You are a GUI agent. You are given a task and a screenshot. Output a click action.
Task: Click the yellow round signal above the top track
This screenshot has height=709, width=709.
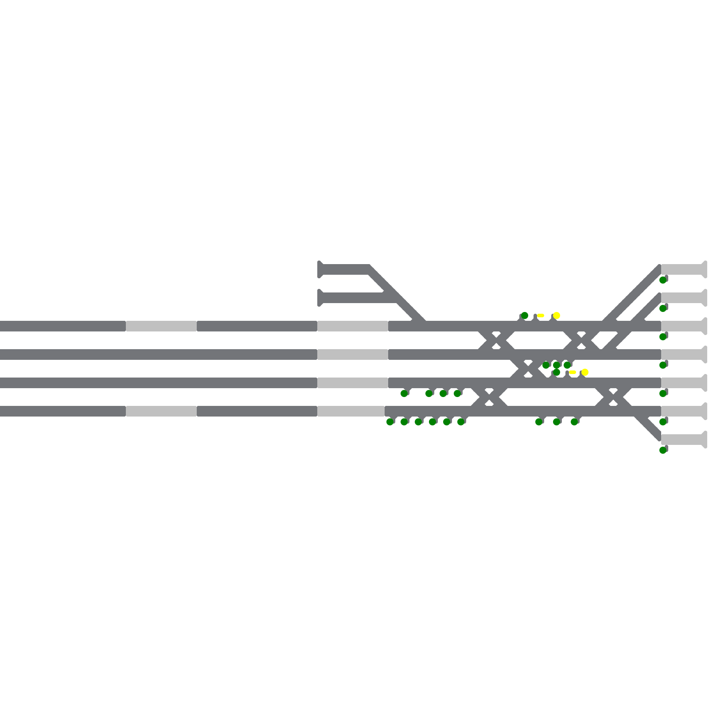pyautogui.click(x=557, y=316)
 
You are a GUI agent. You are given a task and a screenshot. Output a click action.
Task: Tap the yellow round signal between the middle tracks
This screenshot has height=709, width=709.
pyautogui.click(x=585, y=372)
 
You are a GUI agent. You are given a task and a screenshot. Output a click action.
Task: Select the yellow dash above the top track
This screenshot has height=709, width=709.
pyautogui.click(x=541, y=316)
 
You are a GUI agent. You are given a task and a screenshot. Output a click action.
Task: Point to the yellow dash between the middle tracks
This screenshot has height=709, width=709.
pyautogui.click(x=573, y=372)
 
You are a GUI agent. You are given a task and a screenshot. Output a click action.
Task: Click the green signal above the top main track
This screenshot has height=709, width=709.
pyautogui.click(x=525, y=316)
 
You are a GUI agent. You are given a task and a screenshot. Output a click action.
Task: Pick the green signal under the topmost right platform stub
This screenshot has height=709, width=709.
pyautogui.click(x=663, y=280)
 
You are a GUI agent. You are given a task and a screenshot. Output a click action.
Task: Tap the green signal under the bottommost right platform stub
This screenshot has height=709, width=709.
pyautogui.click(x=663, y=450)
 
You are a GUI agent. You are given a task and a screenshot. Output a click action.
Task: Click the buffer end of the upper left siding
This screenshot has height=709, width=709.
pyautogui.click(x=320, y=269)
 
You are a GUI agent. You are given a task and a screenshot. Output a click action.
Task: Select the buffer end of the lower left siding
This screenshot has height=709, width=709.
pyautogui.click(x=320, y=298)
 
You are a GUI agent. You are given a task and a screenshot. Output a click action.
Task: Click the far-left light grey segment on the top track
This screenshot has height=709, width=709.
pyautogui.click(x=161, y=326)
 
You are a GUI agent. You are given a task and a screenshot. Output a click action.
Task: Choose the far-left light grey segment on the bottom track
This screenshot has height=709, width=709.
pyautogui.click(x=161, y=411)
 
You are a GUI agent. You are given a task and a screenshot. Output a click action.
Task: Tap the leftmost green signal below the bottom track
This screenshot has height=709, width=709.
pyautogui.click(x=390, y=422)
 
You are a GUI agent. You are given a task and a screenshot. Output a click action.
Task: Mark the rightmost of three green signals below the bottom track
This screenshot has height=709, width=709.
pyautogui.click(x=574, y=422)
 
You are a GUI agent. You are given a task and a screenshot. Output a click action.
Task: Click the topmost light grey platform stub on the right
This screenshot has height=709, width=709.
pyautogui.click(x=682, y=269)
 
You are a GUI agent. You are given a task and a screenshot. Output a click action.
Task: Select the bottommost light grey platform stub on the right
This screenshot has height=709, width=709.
pyautogui.click(x=682, y=440)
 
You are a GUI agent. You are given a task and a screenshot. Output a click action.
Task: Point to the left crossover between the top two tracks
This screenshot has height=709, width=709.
pyautogui.click(x=496, y=340)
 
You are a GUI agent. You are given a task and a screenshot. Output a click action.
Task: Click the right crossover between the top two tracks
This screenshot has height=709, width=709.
pyautogui.click(x=581, y=340)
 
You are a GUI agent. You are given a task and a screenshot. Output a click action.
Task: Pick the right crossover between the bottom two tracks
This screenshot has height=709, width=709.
pyautogui.click(x=613, y=397)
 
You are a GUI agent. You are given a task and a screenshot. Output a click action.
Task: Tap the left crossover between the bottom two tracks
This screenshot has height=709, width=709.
pyautogui.click(x=489, y=397)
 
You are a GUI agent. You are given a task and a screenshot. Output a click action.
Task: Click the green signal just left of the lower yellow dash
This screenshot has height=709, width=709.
pyautogui.click(x=557, y=372)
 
